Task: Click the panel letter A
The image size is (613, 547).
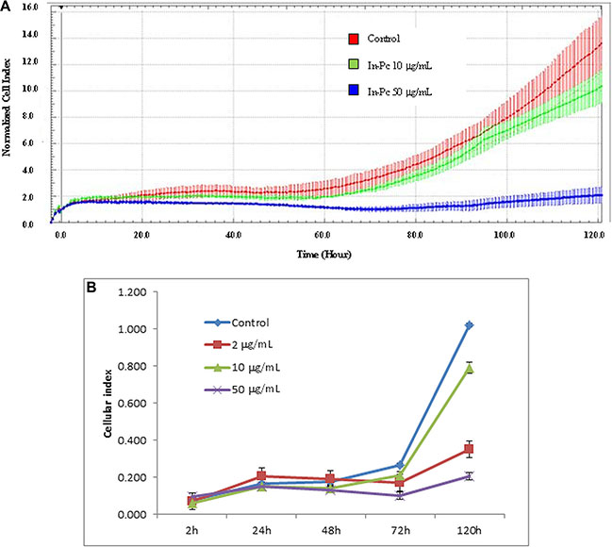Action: click(x=7, y=7)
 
